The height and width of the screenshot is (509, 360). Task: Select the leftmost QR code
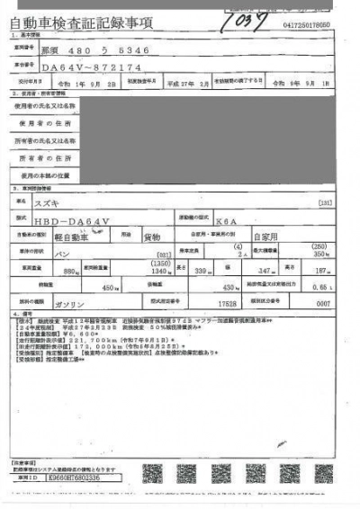click(x=153, y=472)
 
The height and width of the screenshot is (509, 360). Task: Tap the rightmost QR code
click(x=324, y=472)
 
